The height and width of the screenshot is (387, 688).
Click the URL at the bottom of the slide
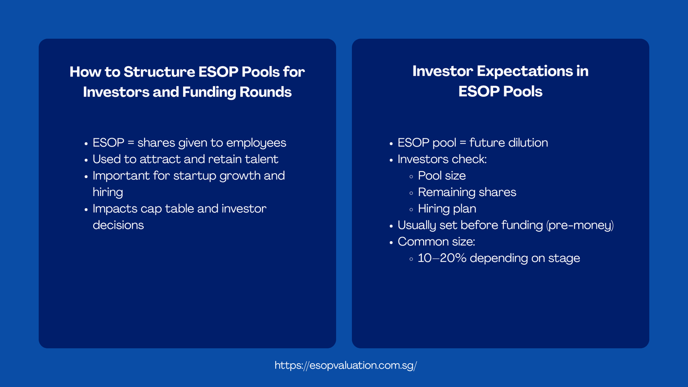346,365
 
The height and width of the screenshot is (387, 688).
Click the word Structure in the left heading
160,72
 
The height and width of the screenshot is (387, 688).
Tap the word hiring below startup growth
107,192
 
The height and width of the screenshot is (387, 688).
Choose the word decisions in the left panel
118,225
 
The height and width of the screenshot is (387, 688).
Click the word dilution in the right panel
528,143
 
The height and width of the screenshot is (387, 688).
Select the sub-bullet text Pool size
442,175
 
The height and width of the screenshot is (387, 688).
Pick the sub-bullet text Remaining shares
467,192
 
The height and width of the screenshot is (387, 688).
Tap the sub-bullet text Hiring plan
447,209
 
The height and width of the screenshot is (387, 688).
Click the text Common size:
436,242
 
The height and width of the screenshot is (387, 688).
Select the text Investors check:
442,159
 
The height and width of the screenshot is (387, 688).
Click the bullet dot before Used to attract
86,160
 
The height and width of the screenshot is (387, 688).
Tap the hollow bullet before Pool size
411,176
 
